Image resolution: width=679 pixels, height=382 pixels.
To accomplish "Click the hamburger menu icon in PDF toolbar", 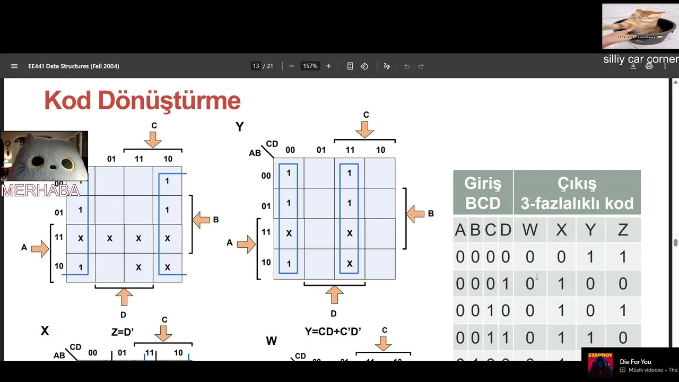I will tap(14, 66).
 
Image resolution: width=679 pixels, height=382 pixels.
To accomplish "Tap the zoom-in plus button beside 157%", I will tap(328, 66).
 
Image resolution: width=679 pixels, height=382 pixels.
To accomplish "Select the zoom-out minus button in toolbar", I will tap(291, 66).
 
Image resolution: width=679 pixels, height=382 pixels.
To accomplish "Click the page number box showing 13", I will tap(256, 66).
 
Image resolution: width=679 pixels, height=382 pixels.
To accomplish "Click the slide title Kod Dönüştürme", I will tap(142, 100).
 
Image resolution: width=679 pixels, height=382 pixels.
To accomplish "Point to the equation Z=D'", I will tap(123, 332).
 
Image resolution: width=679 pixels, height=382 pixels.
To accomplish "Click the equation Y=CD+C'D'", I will tap(333, 331).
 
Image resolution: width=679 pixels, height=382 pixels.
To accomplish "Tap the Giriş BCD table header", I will tap(483, 193).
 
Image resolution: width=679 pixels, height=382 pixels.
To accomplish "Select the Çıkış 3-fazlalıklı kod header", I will tap(577, 193).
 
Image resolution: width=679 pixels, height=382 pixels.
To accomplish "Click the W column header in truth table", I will tap(529, 230).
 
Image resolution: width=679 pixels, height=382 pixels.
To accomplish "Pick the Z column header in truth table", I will tap(623, 230).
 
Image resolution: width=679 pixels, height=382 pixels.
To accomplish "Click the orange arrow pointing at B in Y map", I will tap(415, 214).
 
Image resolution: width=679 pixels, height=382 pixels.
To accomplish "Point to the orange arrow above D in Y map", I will tap(334, 295).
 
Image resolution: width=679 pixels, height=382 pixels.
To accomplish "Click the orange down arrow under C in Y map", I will tap(365, 129).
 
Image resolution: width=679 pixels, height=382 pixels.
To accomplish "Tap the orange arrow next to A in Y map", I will tap(246, 243).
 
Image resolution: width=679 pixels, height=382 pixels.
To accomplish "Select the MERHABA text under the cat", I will tap(40, 190).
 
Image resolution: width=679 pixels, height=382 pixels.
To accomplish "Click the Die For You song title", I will tap(635, 362).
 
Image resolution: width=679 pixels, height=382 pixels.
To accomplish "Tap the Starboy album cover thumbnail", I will tap(600, 363).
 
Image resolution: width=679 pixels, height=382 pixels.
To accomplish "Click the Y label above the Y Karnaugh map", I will tap(240, 127).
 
